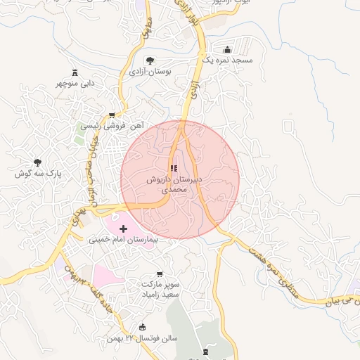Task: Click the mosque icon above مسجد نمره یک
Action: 227,50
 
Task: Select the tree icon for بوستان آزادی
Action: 148,60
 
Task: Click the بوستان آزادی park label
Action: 150,72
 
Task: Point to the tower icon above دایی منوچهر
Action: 75,72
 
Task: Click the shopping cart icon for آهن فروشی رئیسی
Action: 112,115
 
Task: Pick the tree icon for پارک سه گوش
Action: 37,162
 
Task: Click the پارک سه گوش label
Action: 41,173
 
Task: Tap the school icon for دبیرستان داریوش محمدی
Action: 173,169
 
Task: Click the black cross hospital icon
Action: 124,229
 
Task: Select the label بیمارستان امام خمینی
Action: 125,240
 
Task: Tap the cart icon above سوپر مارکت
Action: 160,274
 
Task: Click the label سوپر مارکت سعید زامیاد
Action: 163,290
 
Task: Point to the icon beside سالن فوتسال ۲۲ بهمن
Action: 143,327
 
